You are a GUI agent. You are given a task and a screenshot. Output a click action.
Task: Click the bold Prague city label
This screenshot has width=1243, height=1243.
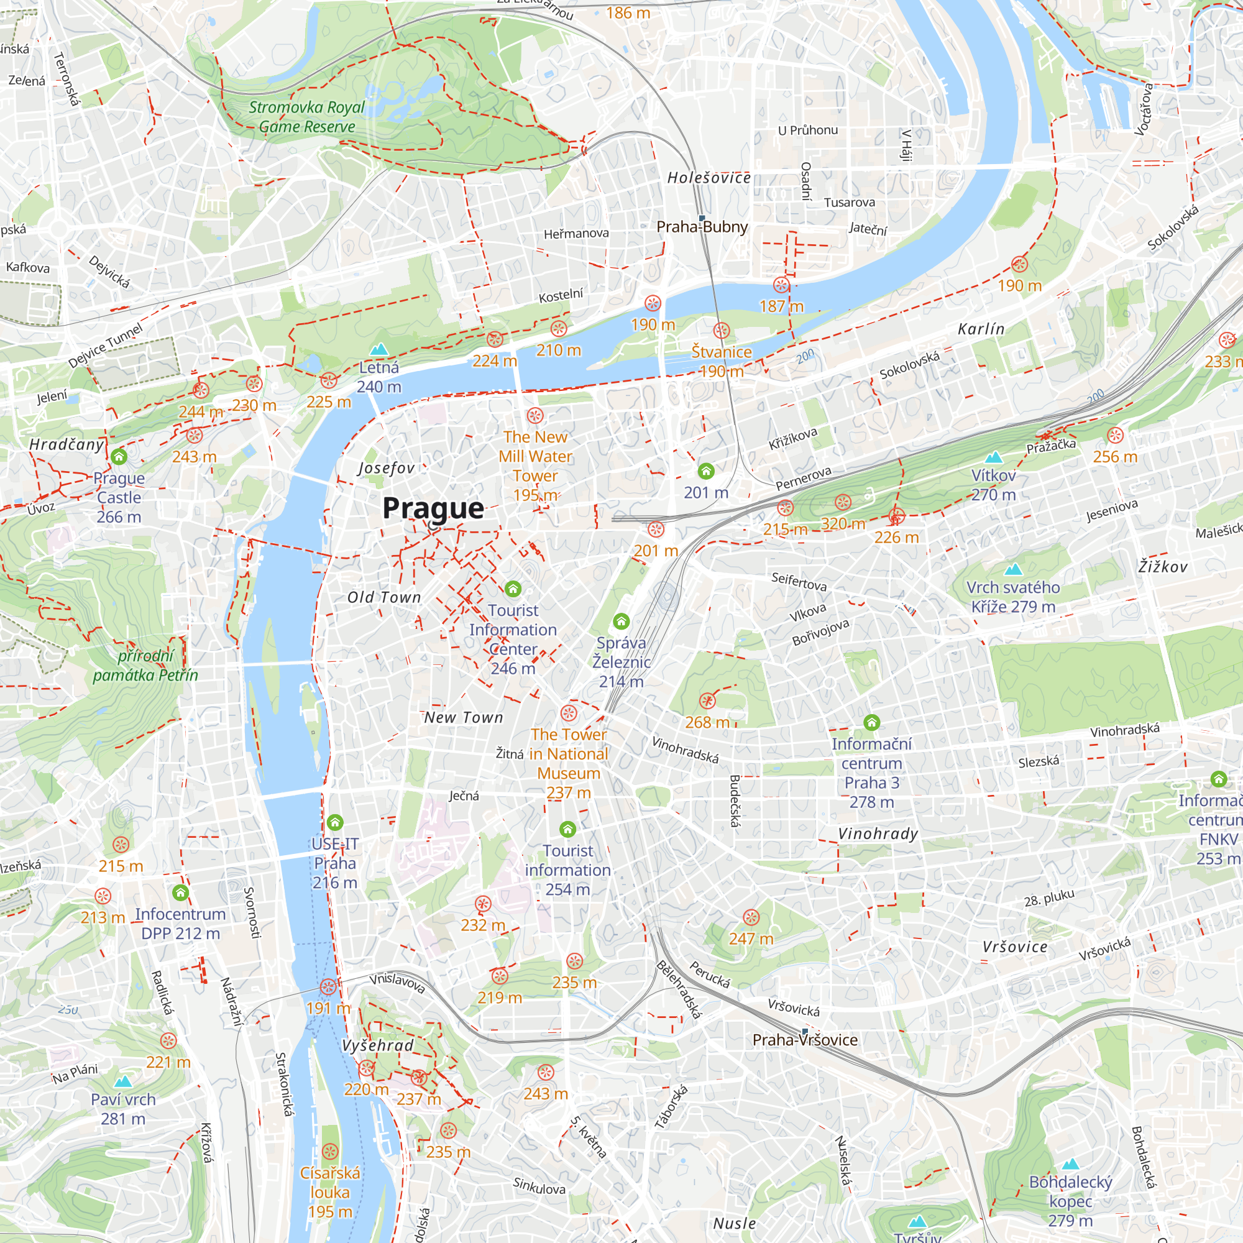click(433, 508)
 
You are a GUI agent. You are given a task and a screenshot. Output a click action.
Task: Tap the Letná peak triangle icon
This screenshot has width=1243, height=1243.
click(379, 349)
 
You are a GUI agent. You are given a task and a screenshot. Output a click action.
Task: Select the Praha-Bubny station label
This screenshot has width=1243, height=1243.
click(702, 227)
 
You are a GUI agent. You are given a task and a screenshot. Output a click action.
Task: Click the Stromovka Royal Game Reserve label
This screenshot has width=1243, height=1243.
click(306, 117)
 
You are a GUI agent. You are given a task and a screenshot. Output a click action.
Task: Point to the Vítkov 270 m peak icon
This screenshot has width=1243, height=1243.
click(993, 457)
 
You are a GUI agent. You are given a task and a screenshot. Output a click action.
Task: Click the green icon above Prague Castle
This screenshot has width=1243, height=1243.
click(119, 457)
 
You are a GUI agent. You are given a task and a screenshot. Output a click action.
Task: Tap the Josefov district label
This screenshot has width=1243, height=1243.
click(386, 469)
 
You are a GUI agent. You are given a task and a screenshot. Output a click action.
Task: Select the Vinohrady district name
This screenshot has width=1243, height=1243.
click(878, 834)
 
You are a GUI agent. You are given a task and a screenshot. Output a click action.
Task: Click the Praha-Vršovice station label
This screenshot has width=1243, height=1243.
click(805, 1040)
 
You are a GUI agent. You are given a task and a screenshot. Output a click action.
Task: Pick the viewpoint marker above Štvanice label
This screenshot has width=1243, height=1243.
click(721, 331)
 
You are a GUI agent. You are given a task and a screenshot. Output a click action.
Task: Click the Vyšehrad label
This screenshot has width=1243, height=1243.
click(378, 1045)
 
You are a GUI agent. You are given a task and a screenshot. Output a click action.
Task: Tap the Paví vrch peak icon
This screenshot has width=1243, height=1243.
click(123, 1081)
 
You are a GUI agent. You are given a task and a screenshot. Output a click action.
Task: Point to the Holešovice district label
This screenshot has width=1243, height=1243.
click(709, 178)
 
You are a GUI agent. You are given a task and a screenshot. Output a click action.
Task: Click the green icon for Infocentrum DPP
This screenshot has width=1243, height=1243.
click(181, 893)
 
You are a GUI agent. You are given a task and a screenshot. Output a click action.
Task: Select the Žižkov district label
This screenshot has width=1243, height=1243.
click(1163, 567)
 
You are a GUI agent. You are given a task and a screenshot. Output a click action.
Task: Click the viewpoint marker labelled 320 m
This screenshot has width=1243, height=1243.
click(843, 502)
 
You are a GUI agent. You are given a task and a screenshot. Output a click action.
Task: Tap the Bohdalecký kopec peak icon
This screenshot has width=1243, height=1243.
click(1071, 1164)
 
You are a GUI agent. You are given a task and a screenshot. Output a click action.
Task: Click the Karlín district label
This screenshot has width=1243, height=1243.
click(981, 329)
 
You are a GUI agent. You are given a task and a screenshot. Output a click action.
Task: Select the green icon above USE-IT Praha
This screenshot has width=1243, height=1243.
click(334, 822)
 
